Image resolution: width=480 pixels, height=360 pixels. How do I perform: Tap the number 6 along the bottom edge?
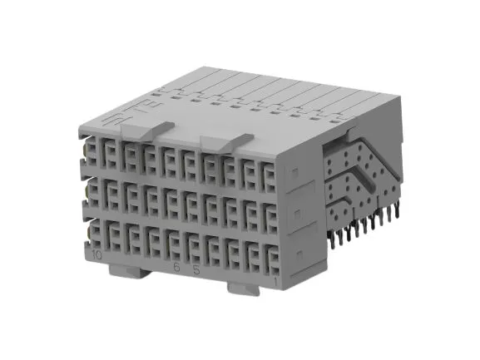tap(176, 268)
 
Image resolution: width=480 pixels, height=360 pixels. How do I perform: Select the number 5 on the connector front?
tap(195, 270)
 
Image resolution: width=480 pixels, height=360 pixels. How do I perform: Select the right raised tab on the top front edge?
tap(225, 141)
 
